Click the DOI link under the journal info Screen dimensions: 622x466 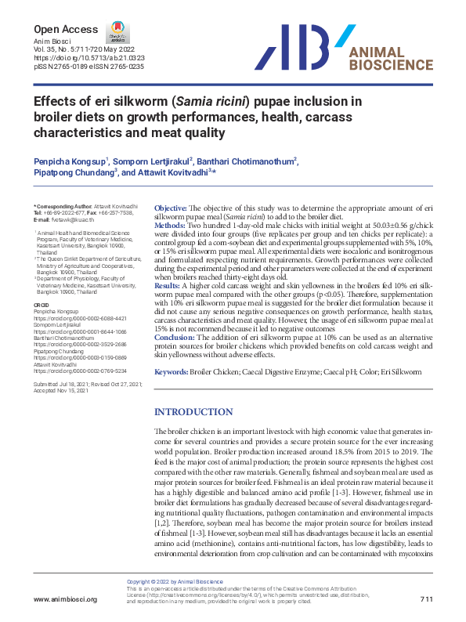point(78,59)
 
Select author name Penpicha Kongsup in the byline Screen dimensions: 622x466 point(68,161)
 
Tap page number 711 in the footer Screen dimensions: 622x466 point(425,599)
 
